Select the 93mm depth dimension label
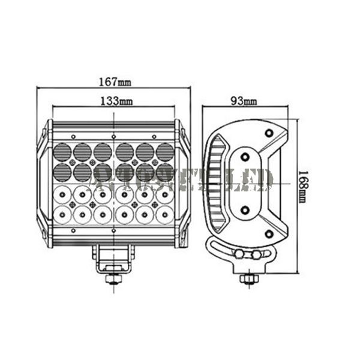coord(244,101)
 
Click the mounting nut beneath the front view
coord(112,278)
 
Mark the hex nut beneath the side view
coord(246,278)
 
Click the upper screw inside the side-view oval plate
coord(245,157)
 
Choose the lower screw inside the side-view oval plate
coord(245,209)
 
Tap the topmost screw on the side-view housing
coord(268,132)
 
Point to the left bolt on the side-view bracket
coord(239,254)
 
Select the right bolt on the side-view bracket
coord(257,254)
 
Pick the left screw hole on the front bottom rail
coord(73,230)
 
